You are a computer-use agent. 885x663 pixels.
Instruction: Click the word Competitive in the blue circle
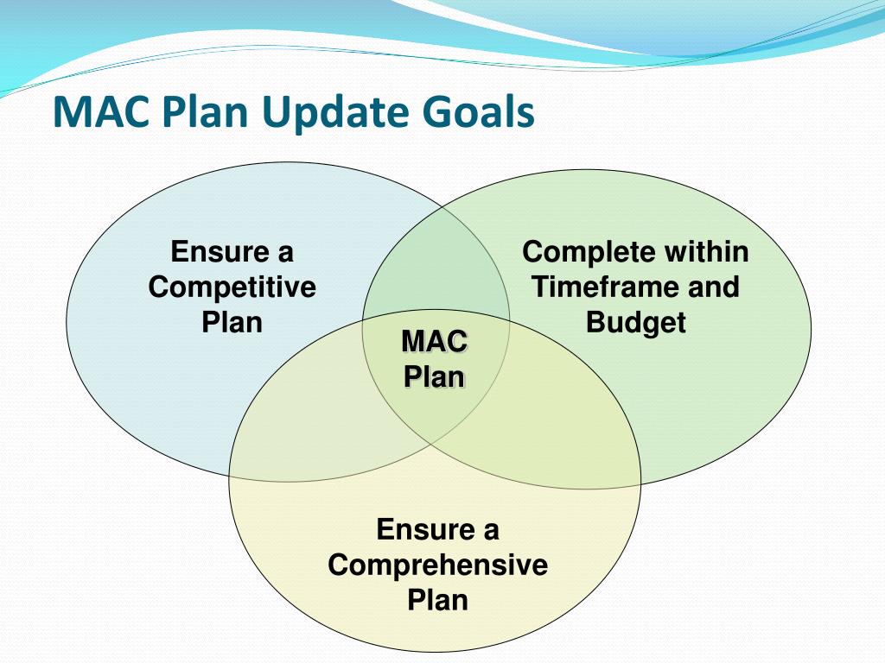(232, 287)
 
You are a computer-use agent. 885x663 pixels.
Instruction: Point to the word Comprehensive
(437, 565)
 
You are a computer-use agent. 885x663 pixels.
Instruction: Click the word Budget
(635, 322)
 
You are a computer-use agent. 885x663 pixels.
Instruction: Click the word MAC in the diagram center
(435, 342)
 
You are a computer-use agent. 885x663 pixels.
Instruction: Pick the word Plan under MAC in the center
(435, 377)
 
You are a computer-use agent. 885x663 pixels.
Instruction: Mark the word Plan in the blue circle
(232, 322)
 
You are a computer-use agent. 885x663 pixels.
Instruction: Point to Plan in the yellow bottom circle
(437, 599)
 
